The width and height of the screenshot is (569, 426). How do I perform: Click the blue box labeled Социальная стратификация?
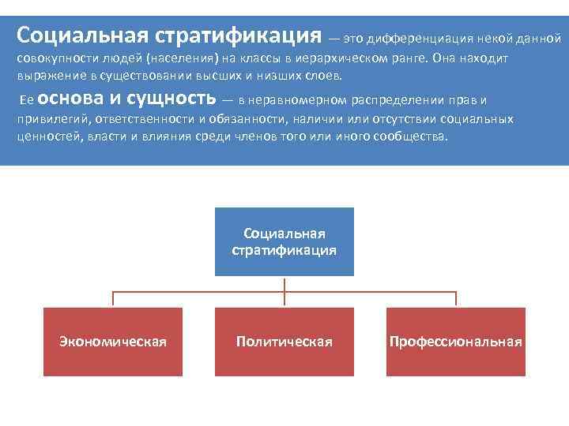(284, 241)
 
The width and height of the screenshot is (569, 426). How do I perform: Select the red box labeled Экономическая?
(113, 342)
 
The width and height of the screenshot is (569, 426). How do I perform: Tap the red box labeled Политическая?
(284, 342)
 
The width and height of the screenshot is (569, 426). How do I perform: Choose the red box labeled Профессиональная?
(456, 342)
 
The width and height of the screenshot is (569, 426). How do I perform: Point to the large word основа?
(70, 99)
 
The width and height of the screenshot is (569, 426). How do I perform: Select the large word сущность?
(170, 99)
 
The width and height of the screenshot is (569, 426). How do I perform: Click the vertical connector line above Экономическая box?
(113, 299)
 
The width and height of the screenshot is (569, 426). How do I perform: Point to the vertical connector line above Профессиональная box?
(456, 299)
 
